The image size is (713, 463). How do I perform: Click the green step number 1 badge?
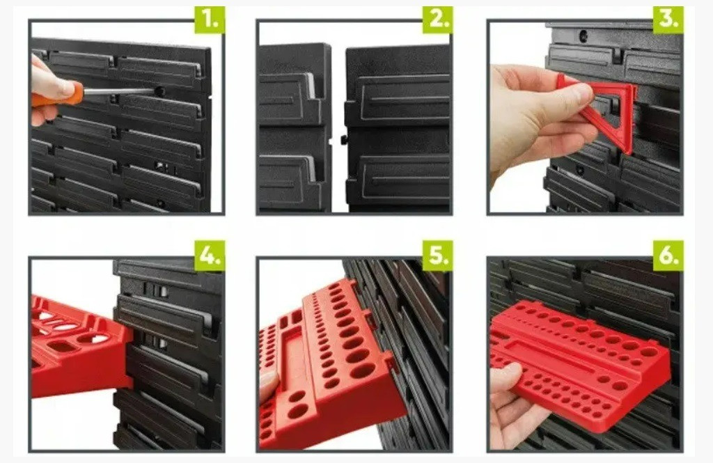(x=210, y=20)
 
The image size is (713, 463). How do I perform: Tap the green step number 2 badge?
(x=437, y=20)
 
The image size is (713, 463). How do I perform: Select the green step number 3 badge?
(x=668, y=20)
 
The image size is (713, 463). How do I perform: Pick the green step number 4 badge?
(x=210, y=256)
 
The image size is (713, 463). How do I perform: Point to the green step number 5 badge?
(x=437, y=256)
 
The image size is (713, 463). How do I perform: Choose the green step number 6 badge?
(x=668, y=256)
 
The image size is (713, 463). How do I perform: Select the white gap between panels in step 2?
(x=338, y=127)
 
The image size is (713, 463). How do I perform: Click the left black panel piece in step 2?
(x=295, y=128)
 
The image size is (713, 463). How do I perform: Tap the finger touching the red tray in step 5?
(x=268, y=385)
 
